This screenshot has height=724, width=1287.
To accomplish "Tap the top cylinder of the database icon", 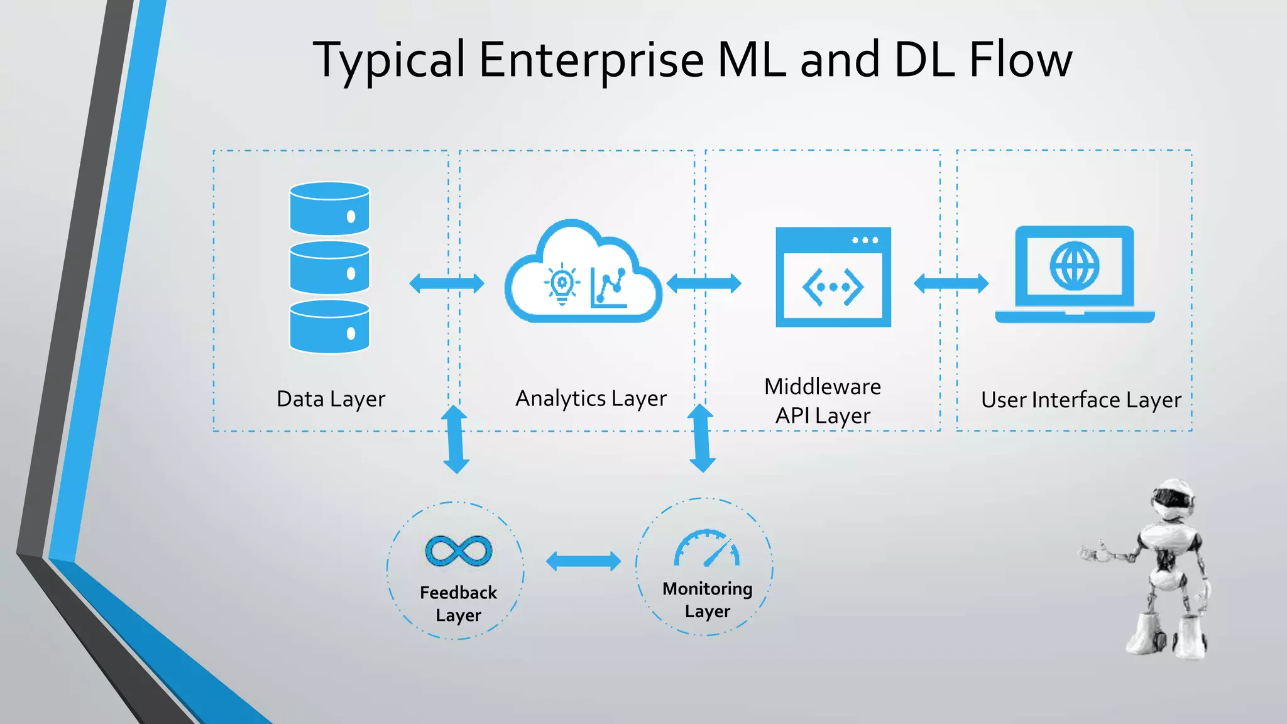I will click(x=329, y=208).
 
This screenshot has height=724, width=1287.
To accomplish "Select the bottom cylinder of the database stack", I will click(x=329, y=326).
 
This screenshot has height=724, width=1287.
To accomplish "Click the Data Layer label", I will click(x=331, y=399).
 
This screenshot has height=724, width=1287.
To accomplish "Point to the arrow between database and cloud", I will click(x=447, y=283).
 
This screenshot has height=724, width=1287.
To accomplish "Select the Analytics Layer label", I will click(x=591, y=398).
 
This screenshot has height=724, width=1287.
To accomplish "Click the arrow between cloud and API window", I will click(x=704, y=283).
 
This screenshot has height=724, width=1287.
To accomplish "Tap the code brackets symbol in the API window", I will click(x=833, y=287).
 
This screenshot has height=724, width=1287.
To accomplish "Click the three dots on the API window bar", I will click(x=865, y=240).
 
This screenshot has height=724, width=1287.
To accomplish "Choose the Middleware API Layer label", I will click(x=823, y=401).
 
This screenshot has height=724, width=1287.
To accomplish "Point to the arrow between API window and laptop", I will click(x=951, y=283).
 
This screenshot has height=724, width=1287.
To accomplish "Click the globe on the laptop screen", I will click(x=1075, y=266).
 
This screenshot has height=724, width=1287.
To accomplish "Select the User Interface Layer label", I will click(x=1081, y=400).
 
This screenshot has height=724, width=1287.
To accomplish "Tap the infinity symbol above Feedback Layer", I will click(x=459, y=551).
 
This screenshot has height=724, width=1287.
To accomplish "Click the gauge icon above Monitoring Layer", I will click(x=707, y=548).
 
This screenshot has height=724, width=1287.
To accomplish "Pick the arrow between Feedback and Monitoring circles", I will click(x=583, y=561).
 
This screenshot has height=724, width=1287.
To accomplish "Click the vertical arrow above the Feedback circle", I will click(x=456, y=439).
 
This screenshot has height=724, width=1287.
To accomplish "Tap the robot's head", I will click(x=1173, y=500).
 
